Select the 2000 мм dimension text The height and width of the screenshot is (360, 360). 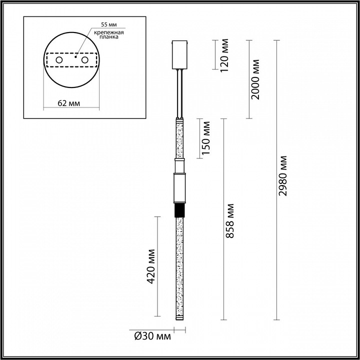pyautogui.click(x=255, y=79)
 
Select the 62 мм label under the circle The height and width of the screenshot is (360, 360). pyautogui.click(x=68, y=103)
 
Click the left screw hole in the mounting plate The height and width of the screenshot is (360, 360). pyautogui.click(x=59, y=60)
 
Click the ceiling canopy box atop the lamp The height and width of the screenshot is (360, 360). pyautogui.click(x=179, y=54)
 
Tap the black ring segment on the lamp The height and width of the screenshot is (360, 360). pyautogui.click(x=179, y=210)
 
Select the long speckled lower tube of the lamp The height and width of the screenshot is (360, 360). pyautogui.click(x=179, y=265)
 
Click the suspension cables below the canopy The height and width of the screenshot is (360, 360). pyautogui.click(x=179, y=93)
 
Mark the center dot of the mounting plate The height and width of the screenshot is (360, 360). pyautogui.click(x=75, y=57)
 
